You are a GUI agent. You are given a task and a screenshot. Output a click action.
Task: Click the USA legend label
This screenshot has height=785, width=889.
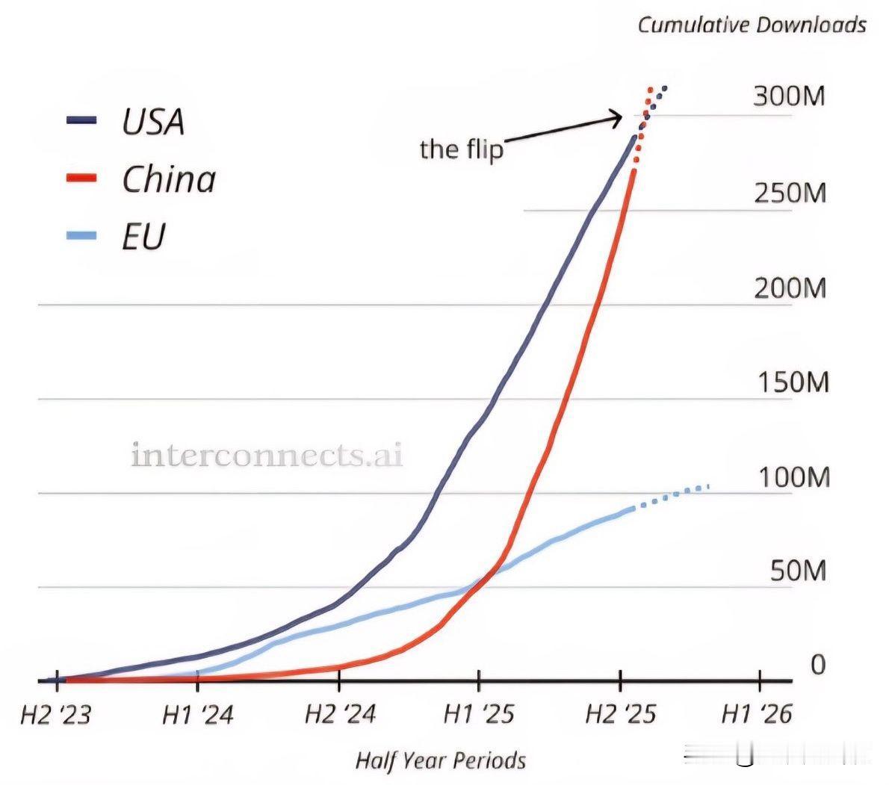[153, 121]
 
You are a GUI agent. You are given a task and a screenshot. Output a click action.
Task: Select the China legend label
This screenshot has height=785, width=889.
[169, 179]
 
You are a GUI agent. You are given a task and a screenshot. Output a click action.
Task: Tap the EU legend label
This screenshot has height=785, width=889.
[143, 236]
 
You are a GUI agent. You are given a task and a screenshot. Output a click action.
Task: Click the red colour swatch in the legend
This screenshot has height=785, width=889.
[81, 179]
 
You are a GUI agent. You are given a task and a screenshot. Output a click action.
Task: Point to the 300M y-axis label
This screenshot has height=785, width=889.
[789, 96]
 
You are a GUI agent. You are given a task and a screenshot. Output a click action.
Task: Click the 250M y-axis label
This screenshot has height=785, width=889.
[789, 193]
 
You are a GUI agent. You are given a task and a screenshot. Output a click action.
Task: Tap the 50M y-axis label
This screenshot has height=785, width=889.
[798, 571]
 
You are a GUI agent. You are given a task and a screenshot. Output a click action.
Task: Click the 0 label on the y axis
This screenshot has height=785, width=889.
[817, 664]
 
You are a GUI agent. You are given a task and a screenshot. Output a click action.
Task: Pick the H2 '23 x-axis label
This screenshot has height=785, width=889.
[55, 716]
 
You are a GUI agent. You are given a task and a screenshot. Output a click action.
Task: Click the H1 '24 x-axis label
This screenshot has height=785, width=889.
[197, 716]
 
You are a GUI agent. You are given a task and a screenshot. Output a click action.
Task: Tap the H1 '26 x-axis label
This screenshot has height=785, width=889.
[756, 716]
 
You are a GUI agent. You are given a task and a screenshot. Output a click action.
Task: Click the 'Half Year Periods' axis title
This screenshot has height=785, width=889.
[440, 761]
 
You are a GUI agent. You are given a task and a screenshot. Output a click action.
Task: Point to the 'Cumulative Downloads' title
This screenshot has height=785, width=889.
[752, 25]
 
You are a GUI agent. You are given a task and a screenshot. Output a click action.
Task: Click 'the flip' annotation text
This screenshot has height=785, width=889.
[461, 149]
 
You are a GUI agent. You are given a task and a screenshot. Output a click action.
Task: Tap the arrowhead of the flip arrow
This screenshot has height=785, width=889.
[617, 117]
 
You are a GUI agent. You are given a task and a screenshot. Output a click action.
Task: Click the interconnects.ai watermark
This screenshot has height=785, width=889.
[267, 455]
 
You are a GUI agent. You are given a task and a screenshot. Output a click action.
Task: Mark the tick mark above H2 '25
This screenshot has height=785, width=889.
[620, 680]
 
